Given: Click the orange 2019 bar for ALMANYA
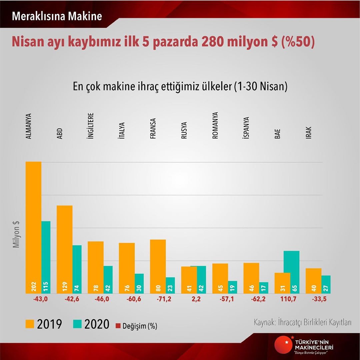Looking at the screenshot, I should point(33,227).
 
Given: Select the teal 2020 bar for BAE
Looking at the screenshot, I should point(291,272).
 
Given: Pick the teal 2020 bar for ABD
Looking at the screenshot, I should point(77,269).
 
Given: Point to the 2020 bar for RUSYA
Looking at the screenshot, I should point(200,279).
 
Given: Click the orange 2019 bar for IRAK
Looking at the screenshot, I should point(313,280).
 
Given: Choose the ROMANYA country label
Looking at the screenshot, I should point(215,125).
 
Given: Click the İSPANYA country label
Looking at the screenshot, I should point(246,128).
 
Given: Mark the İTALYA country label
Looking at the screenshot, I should point(122,131).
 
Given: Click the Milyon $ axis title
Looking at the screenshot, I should point(16,235).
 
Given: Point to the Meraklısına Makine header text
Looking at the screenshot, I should point(57,16).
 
